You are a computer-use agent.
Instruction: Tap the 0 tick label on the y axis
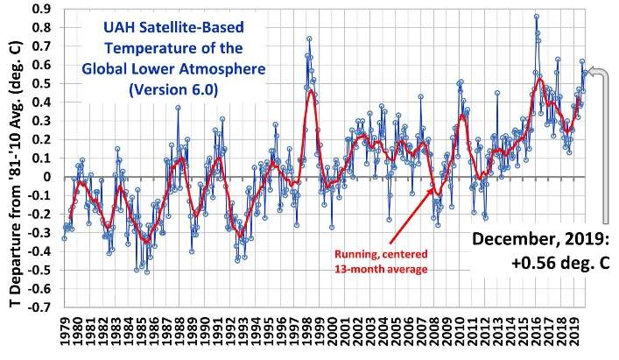coord(46,177)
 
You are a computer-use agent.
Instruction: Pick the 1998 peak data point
coord(309,39)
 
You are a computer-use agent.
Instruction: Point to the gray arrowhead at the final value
coord(592,71)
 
